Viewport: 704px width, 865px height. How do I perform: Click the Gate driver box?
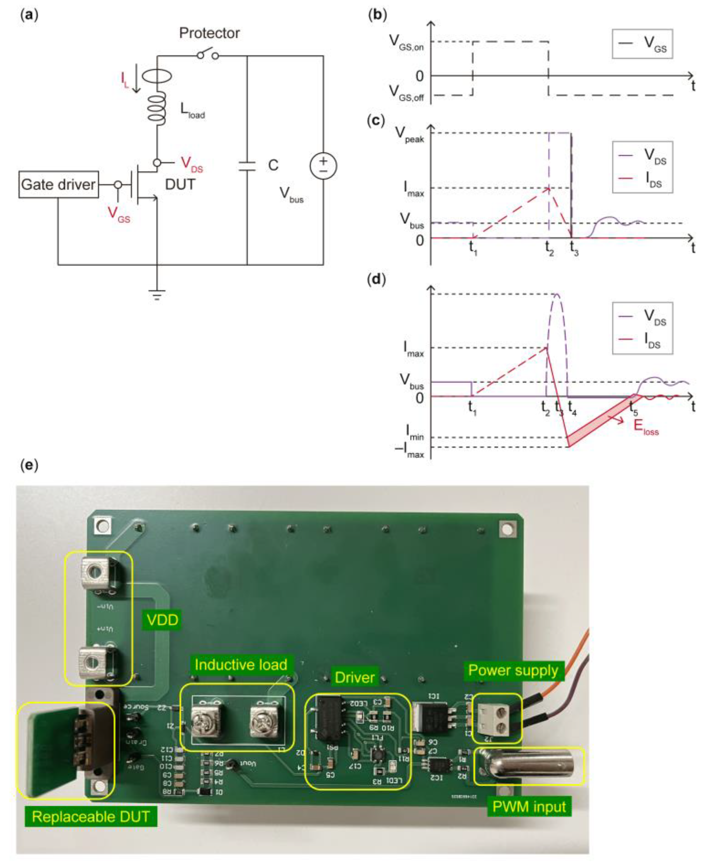(58, 185)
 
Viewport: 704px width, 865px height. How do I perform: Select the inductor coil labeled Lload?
(157, 107)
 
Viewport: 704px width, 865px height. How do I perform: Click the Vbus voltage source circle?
(323, 166)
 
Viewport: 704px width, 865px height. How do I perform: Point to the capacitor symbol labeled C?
(247, 166)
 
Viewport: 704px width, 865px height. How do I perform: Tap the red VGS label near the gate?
(119, 214)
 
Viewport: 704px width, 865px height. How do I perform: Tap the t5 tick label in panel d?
(633, 408)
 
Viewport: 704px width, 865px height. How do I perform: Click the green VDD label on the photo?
(162, 620)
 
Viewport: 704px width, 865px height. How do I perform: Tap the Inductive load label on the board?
(240, 665)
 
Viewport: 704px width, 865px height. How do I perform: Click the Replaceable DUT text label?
(90, 816)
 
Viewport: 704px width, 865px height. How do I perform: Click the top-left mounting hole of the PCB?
(103, 526)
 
